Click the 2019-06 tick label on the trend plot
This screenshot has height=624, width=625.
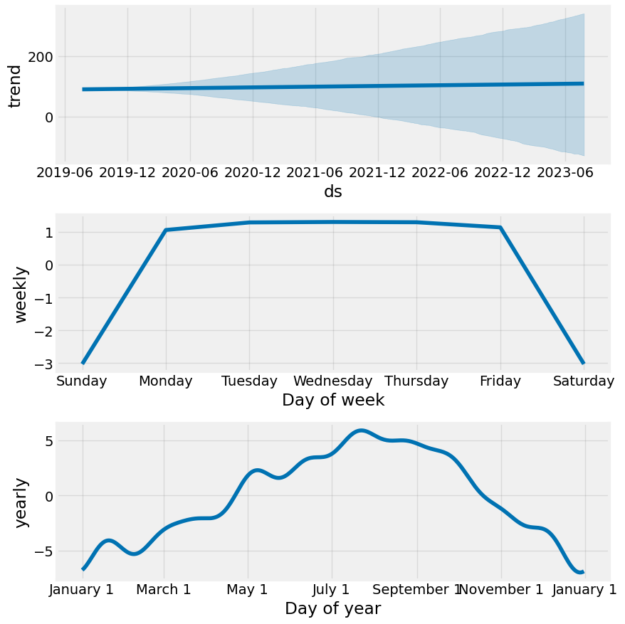65,173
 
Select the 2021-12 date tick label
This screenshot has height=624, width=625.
378,173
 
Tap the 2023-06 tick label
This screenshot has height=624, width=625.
565,173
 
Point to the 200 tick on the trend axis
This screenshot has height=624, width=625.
41,56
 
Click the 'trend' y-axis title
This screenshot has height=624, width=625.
15,85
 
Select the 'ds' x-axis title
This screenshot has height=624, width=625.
333,192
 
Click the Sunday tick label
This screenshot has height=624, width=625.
81,381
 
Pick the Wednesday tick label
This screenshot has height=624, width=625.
332,381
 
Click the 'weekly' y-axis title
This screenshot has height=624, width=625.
22,294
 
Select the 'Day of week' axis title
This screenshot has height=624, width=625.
333,400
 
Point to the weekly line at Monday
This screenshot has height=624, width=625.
166,230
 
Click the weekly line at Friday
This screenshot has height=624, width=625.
500,228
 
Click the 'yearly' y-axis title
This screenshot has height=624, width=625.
22,502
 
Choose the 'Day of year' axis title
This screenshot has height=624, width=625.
333,608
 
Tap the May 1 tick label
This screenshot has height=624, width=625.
248,589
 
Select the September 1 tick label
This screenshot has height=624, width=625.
417,589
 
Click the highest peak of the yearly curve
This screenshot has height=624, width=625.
361,430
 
